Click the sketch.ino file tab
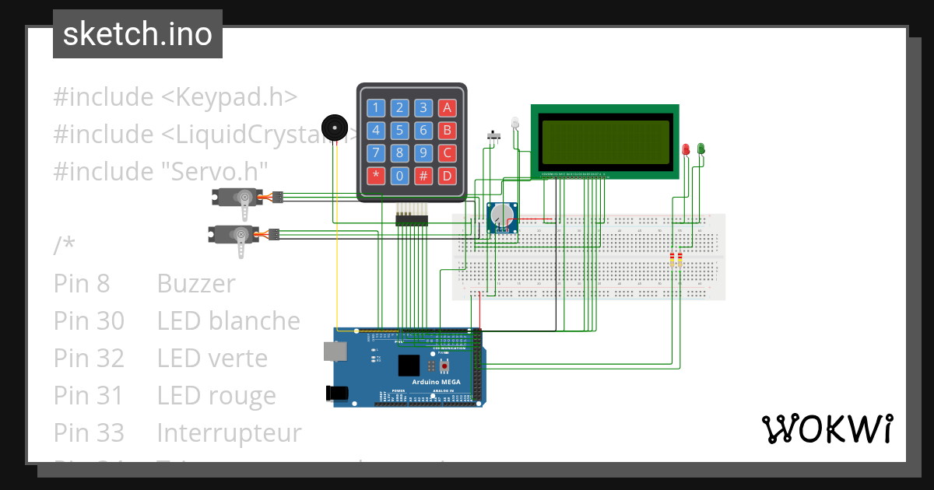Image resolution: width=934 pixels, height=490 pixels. click(138, 34)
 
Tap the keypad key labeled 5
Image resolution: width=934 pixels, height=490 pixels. click(399, 130)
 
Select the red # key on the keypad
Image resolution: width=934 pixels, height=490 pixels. click(423, 175)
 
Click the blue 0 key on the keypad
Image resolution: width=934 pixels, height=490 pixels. click(399, 175)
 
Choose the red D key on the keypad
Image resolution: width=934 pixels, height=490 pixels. click(447, 175)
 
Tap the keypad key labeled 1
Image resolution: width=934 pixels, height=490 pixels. click(376, 107)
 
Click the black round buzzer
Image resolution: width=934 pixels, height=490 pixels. click(335, 128)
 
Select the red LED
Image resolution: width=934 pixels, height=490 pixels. click(686, 149)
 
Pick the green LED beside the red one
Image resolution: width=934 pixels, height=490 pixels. click(700, 148)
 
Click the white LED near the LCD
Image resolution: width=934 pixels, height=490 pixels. click(514, 123)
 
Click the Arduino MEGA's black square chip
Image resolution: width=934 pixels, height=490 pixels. click(409, 366)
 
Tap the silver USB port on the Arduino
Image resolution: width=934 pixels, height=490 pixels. click(336, 352)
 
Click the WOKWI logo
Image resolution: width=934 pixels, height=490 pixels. click(827, 429)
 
